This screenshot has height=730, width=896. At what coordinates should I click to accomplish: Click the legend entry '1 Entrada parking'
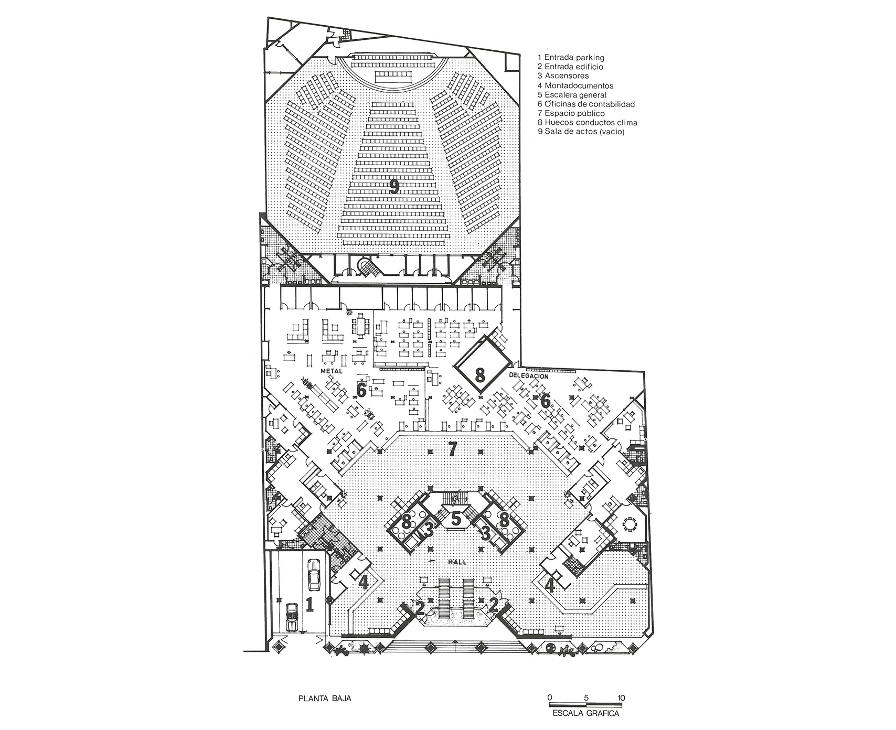click(571, 57)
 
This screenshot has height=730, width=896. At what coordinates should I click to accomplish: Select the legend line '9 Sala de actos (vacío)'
click(581, 132)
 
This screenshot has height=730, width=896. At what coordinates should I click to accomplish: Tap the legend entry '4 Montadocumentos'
click(575, 85)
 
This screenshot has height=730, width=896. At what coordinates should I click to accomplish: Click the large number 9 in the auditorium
click(394, 186)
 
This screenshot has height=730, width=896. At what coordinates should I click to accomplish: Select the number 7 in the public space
click(453, 449)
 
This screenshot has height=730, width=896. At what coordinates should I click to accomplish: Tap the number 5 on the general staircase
click(456, 519)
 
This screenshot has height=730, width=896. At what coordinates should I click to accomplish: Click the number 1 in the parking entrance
click(310, 605)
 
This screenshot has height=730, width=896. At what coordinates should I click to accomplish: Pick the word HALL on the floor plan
click(456, 562)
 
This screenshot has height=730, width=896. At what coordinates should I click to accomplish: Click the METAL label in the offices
click(331, 371)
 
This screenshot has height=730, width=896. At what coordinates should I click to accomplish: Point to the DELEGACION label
click(529, 376)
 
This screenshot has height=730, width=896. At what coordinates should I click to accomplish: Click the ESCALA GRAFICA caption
click(586, 713)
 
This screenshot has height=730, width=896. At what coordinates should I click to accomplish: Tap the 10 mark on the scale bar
click(621, 698)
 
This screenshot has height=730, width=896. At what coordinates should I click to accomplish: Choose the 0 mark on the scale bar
click(549, 698)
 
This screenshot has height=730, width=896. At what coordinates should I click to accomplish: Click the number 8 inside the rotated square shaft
click(479, 374)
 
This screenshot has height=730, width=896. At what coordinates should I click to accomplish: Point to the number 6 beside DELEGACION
click(546, 402)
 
